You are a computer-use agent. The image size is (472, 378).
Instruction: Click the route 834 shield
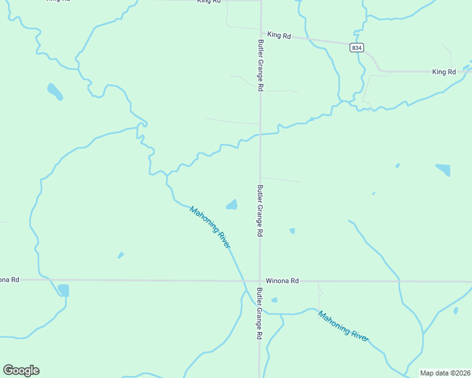click(357, 47)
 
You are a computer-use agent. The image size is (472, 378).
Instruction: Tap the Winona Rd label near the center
click(281, 280)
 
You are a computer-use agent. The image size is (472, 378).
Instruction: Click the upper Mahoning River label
click(210, 227)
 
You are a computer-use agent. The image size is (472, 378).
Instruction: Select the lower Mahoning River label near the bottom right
click(343, 326)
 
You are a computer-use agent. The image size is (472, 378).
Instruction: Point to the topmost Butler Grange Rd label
click(259, 66)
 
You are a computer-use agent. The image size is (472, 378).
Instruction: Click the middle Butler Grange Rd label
click(259, 210)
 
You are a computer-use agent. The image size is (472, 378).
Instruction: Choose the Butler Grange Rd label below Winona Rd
click(259, 314)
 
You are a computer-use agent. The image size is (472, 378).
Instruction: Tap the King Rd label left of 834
click(278, 36)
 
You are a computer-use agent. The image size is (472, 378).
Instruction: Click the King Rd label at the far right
click(444, 72)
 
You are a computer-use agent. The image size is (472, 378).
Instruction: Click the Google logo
click(21, 370)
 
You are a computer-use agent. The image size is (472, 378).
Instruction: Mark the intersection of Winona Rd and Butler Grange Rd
click(259, 280)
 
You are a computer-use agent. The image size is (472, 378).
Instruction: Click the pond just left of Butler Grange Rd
click(232, 205)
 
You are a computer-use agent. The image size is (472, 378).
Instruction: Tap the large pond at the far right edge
click(443, 169)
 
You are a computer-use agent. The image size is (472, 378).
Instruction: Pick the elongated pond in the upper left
click(55, 92)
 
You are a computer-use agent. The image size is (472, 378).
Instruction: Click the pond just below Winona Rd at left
click(63, 290)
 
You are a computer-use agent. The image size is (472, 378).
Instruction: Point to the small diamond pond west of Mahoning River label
click(121, 255)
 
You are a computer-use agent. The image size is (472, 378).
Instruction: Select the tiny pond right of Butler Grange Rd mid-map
click(292, 231)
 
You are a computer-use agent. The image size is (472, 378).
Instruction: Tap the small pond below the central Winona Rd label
click(274, 300)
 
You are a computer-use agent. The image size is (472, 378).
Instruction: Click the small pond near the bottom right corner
click(456, 310)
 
